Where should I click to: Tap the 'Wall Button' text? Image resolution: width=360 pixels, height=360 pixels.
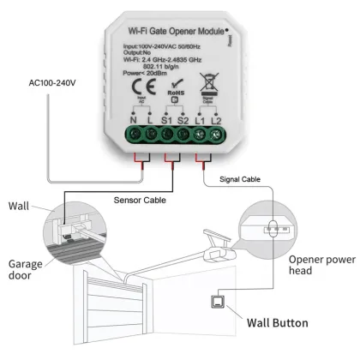(285, 322)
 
